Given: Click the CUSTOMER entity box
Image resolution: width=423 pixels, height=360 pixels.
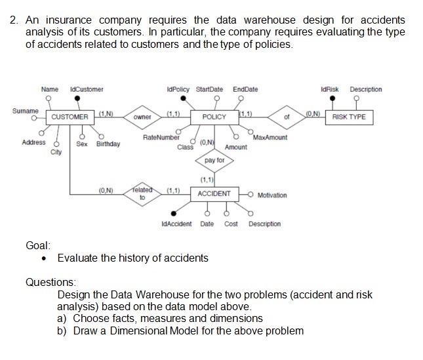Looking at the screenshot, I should coord(70,117).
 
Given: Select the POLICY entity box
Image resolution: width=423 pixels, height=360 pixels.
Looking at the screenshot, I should coord(214,117).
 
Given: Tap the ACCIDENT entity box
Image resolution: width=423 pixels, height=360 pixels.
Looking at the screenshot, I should coord(214,193).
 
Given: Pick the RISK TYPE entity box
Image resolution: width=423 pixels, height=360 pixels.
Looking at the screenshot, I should coord(350,117).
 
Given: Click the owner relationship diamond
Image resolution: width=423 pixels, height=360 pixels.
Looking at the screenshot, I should coord(142,117).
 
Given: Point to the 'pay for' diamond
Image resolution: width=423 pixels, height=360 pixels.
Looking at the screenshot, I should coord(214,160).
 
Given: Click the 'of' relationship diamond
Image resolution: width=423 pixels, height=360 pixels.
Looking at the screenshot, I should coord(286,117).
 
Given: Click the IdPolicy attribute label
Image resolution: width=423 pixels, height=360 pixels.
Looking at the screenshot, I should coord(178,89).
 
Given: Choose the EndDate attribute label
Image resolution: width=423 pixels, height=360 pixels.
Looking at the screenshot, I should coord(246,89).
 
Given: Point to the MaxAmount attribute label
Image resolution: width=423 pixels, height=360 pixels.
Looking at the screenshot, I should coord(270,138).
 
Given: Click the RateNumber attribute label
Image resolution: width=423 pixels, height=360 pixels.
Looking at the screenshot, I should coord(161,138).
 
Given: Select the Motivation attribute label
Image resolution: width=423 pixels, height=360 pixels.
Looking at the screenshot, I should coord(272,195).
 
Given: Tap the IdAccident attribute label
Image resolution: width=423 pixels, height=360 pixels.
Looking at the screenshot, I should coord(176,224).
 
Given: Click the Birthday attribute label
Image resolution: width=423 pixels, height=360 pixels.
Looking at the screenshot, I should coord(108,144).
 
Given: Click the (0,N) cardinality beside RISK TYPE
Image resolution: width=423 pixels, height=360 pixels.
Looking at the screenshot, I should coord(313,113).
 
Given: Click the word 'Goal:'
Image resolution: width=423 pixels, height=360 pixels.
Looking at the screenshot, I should coord(37,244).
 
